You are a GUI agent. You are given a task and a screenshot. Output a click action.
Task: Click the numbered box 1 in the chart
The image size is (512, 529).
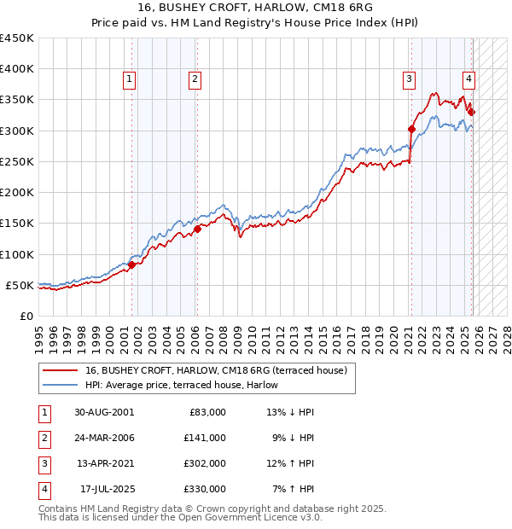129,79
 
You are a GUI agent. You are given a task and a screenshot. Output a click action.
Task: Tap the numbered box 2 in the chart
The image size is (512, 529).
195,79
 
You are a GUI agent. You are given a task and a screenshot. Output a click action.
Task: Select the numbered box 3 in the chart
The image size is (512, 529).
409,79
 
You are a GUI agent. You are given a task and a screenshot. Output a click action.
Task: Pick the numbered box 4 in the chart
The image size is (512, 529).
469,79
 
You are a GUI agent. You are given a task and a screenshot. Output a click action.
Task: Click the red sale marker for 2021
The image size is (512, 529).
411,130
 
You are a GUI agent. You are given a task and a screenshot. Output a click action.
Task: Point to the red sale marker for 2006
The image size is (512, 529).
197,229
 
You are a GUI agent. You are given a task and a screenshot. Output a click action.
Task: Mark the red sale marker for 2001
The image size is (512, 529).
132,264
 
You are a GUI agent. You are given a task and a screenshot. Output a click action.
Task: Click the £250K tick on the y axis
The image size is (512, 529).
17,161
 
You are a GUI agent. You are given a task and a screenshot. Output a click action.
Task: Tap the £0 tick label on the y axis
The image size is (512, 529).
26,316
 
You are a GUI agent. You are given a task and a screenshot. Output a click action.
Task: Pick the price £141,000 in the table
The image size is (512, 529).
205,438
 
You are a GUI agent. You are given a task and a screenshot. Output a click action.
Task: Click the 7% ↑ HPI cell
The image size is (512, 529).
291,490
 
